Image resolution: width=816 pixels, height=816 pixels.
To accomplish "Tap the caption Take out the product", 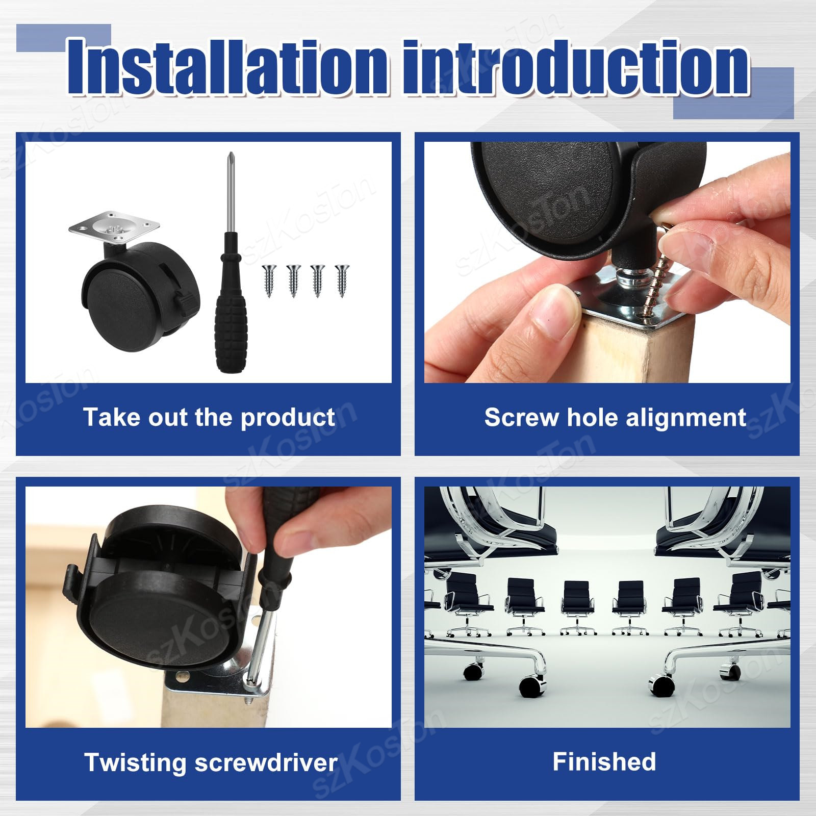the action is (x=209, y=418).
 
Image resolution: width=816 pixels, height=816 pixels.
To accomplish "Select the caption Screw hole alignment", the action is (x=615, y=418).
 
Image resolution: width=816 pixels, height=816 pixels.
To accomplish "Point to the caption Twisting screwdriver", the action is (x=211, y=763).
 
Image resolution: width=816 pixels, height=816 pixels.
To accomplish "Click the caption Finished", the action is (x=604, y=762).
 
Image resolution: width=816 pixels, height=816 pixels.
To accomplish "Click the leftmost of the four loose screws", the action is (x=269, y=280).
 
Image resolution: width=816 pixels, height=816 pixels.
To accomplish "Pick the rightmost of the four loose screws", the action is (x=342, y=280).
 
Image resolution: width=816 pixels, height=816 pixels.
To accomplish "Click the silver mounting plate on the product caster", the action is (x=114, y=228).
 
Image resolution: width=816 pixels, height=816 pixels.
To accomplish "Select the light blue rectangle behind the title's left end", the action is (x=63, y=38).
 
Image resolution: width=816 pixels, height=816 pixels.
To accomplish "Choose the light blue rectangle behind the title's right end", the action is (x=733, y=93).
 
